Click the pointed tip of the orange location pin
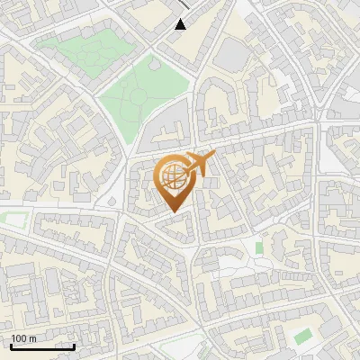pyautogui.click(x=174, y=211)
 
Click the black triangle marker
pyautogui.click(x=181, y=24)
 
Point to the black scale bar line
pyautogui.click(x=42, y=346)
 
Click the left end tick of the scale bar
pyautogui.click(x=11, y=345)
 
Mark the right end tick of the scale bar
pyautogui.click(x=74, y=345)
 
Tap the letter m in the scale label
pyautogui.click(x=32, y=338)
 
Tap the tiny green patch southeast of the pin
pyautogui.click(x=259, y=247)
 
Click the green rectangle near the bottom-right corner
pyautogui.click(x=303, y=336)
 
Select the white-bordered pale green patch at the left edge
pyautogui.click(x=11, y=220)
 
